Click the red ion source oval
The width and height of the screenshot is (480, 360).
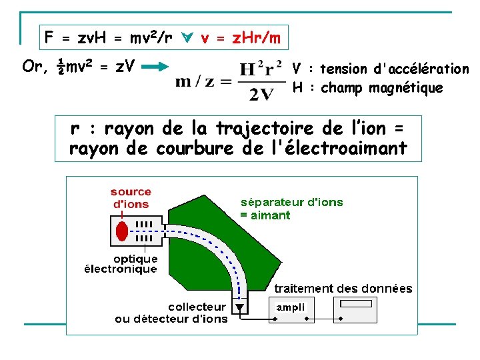(x=121, y=231)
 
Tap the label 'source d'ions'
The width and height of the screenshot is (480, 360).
(x=131, y=199)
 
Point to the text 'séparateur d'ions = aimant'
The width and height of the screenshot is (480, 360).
(x=291, y=209)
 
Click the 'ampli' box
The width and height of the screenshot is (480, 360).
(x=291, y=307)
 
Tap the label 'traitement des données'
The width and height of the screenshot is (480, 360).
(x=343, y=289)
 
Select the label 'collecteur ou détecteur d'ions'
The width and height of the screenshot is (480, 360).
(x=171, y=313)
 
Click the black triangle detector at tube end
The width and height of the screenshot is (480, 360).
(x=239, y=308)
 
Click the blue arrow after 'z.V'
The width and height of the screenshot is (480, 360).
(x=158, y=66)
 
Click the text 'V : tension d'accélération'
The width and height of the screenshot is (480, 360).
(x=381, y=69)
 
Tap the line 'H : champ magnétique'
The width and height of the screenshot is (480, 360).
(x=367, y=88)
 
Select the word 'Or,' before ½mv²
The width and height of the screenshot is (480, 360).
(x=35, y=66)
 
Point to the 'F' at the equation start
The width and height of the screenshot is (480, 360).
(x=49, y=38)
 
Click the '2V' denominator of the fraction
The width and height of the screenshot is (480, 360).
(x=261, y=94)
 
